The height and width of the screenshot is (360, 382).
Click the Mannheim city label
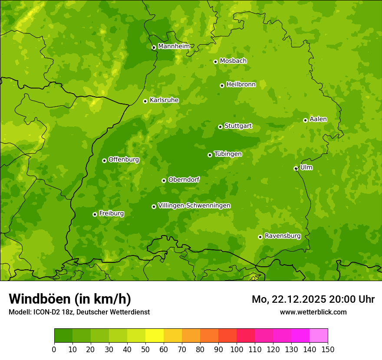click(x=174, y=46)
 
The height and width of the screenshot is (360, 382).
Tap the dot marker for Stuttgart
click(x=220, y=127)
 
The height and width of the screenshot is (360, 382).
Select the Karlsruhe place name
click(x=164, y=100)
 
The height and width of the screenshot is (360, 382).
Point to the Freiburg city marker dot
click(x=95, y=214)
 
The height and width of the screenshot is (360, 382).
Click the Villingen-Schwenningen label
click(x=194, y=206)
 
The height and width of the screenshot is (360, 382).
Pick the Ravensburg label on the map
click(x=282, y=236)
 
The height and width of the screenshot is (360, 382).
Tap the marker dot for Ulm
click(x=296, y=168)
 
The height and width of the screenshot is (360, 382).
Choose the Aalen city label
click(x=318, y=119)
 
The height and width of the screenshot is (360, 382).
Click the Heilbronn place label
click(x=241, y=85)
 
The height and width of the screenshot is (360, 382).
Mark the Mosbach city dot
click(x=215, y=62)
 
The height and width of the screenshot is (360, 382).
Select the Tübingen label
click(x=227, y=154)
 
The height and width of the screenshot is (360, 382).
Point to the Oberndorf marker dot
click(x=164, y=180)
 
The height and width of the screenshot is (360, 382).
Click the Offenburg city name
click(x=123, y=160)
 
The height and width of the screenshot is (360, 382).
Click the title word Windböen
click(x=39, y=299)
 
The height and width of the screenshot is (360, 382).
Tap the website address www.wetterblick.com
click(x=313, y=312)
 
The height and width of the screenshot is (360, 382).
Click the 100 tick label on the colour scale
click(x=237, y=350)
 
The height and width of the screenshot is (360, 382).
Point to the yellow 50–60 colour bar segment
click(x=155, y=336)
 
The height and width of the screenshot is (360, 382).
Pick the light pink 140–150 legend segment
click(x=319, y=336)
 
